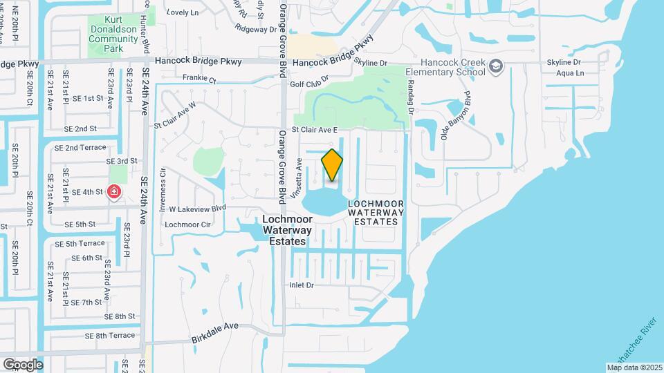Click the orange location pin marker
(x=332, y=165)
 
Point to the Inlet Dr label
(x=301, y=285)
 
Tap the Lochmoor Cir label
(x=187, y=224)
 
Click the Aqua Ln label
(x=570, y=73)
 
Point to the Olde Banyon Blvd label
(x=456, y=114)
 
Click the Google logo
(x=23, y=364)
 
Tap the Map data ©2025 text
(x=635, y=367)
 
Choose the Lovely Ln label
(x=183, y=12)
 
